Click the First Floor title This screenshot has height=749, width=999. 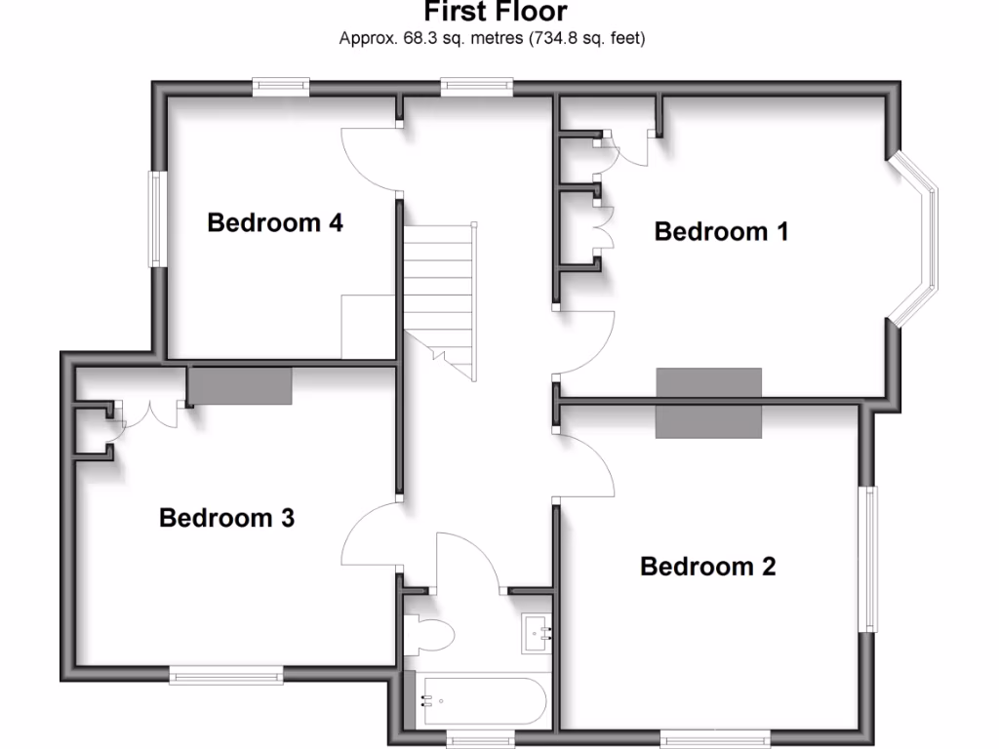point(495,13)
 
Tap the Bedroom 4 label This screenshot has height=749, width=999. point(275,223)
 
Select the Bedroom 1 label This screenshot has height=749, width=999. point(721,232)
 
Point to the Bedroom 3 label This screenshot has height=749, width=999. point(226,518)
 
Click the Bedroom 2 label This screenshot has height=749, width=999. point(707,567)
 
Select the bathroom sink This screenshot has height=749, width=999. point(537,633)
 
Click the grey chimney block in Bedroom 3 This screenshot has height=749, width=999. point(240,386)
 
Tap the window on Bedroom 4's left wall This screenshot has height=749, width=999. point(155,219)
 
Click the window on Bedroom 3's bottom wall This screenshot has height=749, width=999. point(226,673)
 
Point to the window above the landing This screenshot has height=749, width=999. point(477,87)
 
